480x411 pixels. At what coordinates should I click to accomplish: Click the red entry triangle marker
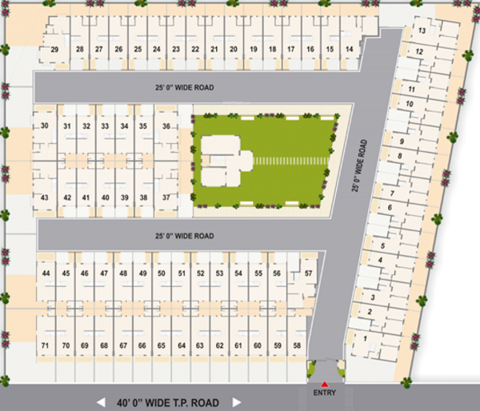click(x=325, y=385)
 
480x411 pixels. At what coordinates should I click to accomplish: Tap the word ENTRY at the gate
click(x=325, y=393)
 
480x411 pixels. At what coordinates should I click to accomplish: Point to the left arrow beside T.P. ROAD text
click(x=101, y=402)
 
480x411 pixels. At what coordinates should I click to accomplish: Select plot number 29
click(x=55, y=50)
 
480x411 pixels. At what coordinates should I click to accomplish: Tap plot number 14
click(x=350, y=50)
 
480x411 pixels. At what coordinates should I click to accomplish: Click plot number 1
click(x=366, y=338)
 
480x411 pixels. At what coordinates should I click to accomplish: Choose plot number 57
click(x=309, y=273)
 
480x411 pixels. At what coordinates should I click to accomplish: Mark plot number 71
click(x=45, y=345)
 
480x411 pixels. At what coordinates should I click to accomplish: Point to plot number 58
click(x=298, y=345)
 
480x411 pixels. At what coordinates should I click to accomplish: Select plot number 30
click(x=45, y=126)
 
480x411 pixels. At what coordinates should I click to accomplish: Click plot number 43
click(x=45, y=198)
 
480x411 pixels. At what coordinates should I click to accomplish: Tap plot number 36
click(x=166, y=126)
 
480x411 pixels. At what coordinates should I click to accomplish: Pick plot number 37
click(x=166, y=198)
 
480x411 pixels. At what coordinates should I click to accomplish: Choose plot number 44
click(x=46, y=273)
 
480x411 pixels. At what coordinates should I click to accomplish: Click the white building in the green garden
click(x=225, y=160)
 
